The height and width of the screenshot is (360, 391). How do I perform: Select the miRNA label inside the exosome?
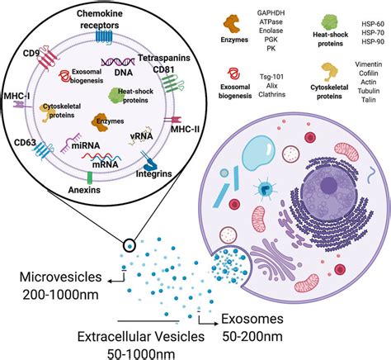click(86, 159)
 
